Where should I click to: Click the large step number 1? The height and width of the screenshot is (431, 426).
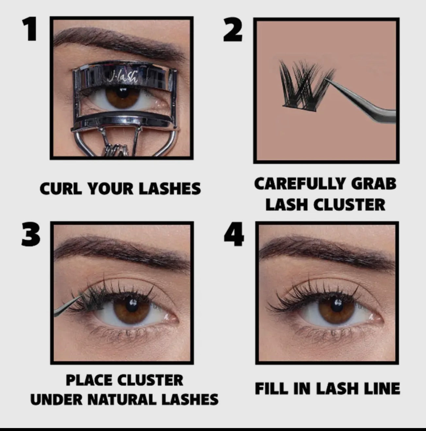click(30, 29)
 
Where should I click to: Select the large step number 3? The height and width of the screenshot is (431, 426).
click(31, 234)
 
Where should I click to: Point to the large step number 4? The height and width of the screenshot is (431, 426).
click(234, 234)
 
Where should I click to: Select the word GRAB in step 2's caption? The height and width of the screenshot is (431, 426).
click(374, 184)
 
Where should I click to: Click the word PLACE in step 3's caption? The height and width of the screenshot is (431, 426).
click(89, 380)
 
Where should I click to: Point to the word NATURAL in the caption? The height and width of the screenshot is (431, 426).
click(122, 400)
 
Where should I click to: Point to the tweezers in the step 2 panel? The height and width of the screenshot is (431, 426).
click(360, 100)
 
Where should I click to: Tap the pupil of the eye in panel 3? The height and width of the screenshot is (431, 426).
click(132, 305)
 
